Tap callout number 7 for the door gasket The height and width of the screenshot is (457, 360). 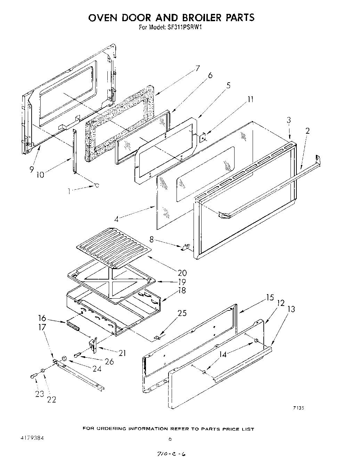(x=197, y=68)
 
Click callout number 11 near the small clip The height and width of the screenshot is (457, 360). (x=250, y=100)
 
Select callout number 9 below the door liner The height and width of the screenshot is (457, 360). (x=31, y=169)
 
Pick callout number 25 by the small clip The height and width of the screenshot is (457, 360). (x=182, y=313)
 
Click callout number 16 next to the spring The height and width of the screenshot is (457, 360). (x=42, y=318)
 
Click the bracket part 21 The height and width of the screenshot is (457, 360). (x=93, y=345)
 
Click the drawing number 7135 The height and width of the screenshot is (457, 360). (x=298, y=408)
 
